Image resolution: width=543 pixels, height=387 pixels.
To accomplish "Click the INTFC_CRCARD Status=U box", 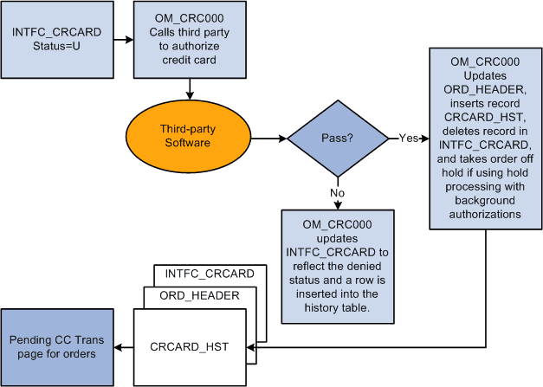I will tap(56, 39).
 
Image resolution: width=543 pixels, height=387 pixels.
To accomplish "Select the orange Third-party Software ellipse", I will tap(185, 136).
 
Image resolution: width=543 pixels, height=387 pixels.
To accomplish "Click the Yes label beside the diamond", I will tap(408, 137).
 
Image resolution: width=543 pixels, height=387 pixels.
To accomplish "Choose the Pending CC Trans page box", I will tap(57, 346).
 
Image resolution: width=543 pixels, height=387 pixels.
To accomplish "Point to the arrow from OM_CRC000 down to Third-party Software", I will tap(189, 88).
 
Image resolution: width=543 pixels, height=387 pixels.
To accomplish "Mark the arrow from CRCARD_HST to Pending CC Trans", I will tap(123, 347).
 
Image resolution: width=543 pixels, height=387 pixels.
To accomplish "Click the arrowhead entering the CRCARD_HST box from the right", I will tap(252, 347).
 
